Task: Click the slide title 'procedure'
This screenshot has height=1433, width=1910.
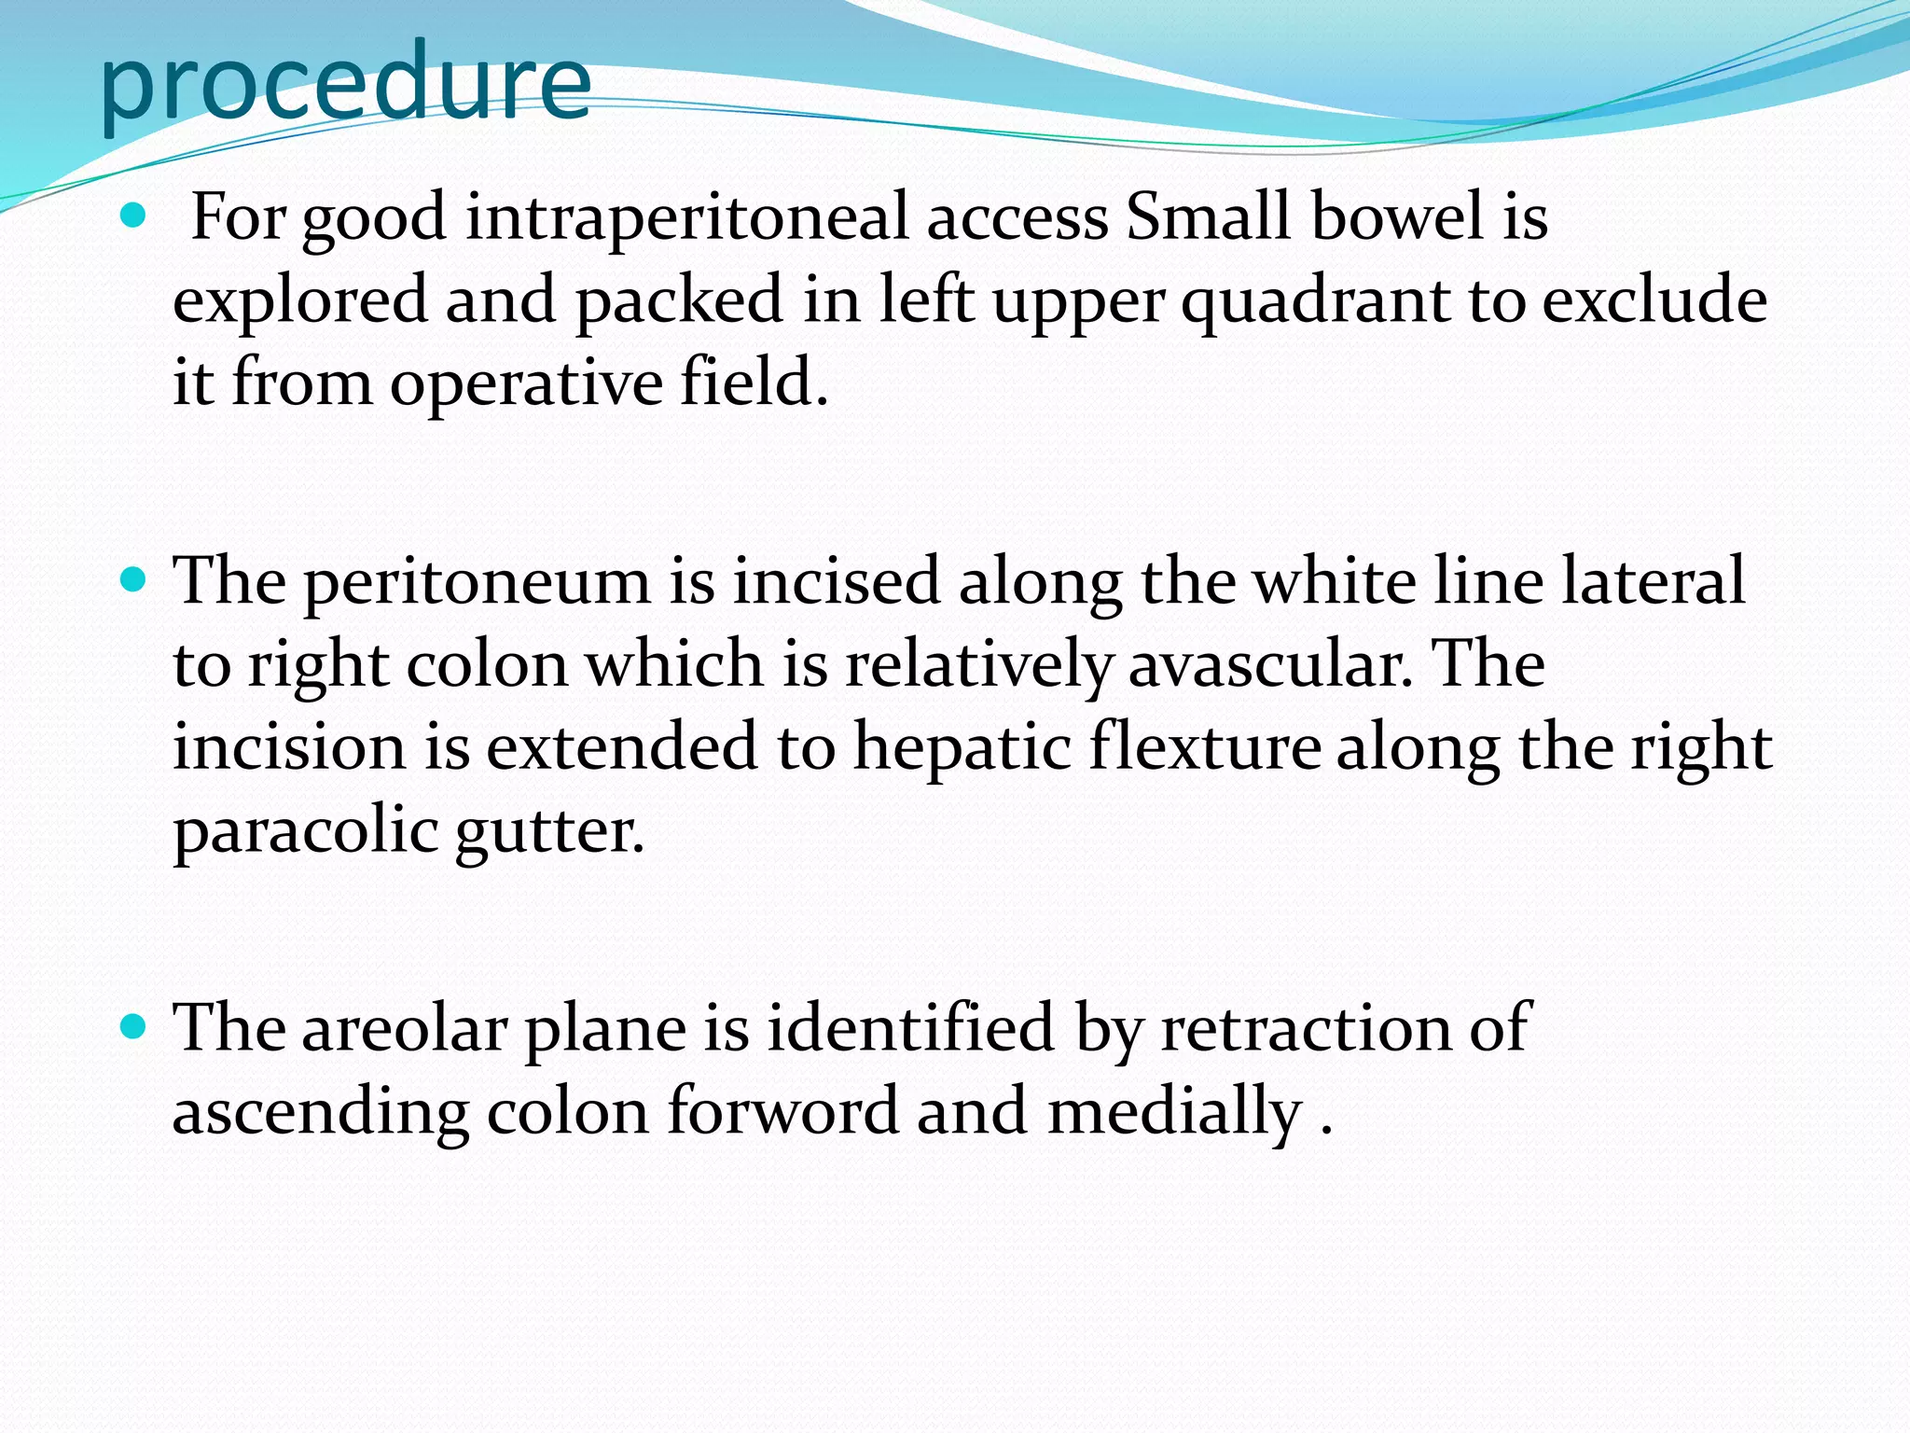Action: tap(345, 84)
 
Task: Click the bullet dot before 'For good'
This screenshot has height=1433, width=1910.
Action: tap(134, 217)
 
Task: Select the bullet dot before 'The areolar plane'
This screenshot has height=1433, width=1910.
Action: tap(134, 1028)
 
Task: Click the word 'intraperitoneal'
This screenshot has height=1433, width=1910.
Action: tap(686, 217)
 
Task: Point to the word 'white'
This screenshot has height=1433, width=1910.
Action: tap(1334, 581)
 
